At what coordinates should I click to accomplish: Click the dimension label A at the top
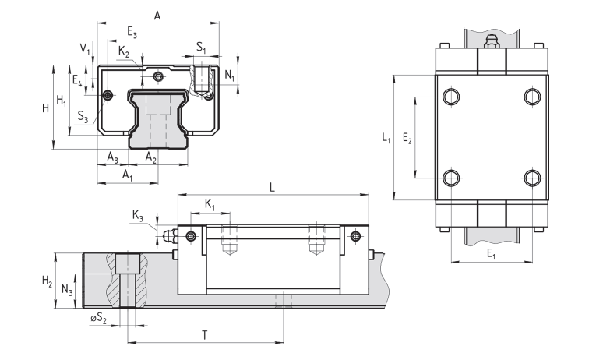[157, 15]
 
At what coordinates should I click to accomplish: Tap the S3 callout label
[83, 118]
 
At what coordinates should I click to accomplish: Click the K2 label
[125, 51]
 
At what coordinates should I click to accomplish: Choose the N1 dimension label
[229, 75]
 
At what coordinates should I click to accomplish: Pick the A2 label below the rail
[151, 159]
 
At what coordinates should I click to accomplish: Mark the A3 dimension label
[113, 159]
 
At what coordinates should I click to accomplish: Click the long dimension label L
[272, 187]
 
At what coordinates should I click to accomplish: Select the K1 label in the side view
[210, 204]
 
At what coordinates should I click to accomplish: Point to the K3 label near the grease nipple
[137, 215]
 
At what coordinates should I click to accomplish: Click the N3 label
[66, 291]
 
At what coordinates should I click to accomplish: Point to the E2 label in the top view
[407, 138]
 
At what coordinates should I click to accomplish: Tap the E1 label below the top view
[491, 253]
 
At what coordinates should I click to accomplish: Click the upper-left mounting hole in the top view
[451, 97]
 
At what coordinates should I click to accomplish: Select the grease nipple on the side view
[170, 235]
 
